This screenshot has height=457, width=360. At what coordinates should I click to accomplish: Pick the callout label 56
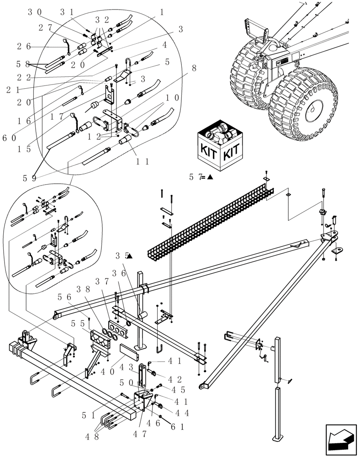pyautogui.click(x=63, y=298)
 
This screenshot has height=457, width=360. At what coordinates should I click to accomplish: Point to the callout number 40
pyautogui.click(x=107, y=372)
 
